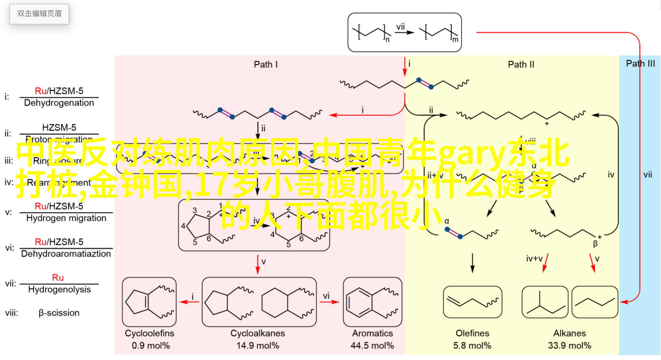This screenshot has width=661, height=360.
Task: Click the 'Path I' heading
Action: (x=266, y=64)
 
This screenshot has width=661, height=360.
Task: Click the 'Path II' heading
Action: (x=521, y=64)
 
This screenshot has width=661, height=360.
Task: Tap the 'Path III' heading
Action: (x=640, y=63)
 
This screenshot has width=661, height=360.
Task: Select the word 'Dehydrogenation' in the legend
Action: (x=59, y=103)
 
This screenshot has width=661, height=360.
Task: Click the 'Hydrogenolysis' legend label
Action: (x=59, y=289)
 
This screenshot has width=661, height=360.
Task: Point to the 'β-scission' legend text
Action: (x=59, y=313)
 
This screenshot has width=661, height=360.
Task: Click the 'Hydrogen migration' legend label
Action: (x=66, y=218)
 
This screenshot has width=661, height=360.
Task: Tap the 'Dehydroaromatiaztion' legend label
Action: (x=66, y=254)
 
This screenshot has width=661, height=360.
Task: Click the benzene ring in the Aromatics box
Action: (x=359, y=302)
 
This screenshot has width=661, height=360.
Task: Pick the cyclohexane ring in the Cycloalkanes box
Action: (x=275, y=303)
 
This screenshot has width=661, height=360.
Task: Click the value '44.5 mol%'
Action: (x=372, y=345)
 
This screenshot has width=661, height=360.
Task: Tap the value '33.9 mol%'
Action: (x=569, y=345)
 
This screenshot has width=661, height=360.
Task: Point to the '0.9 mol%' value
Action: (x=151, y=345)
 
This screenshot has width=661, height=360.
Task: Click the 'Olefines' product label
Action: (x=472, y=333)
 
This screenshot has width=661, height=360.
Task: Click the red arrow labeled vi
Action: (x=329, y=302)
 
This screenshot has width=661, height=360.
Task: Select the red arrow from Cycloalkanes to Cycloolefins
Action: (x=189, y=302)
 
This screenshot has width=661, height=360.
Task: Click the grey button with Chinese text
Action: (x=39, y=14)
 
